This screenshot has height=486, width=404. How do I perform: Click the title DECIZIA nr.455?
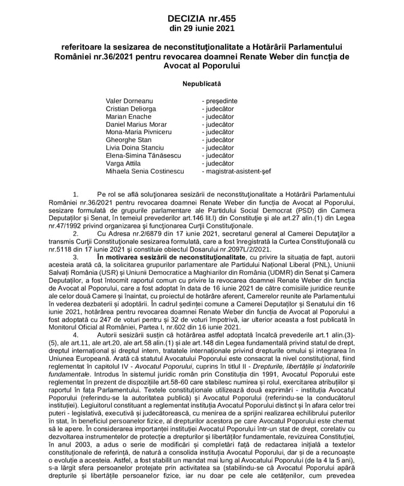202,19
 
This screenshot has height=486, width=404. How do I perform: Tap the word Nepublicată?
202,84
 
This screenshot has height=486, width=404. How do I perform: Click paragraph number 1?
75,195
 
